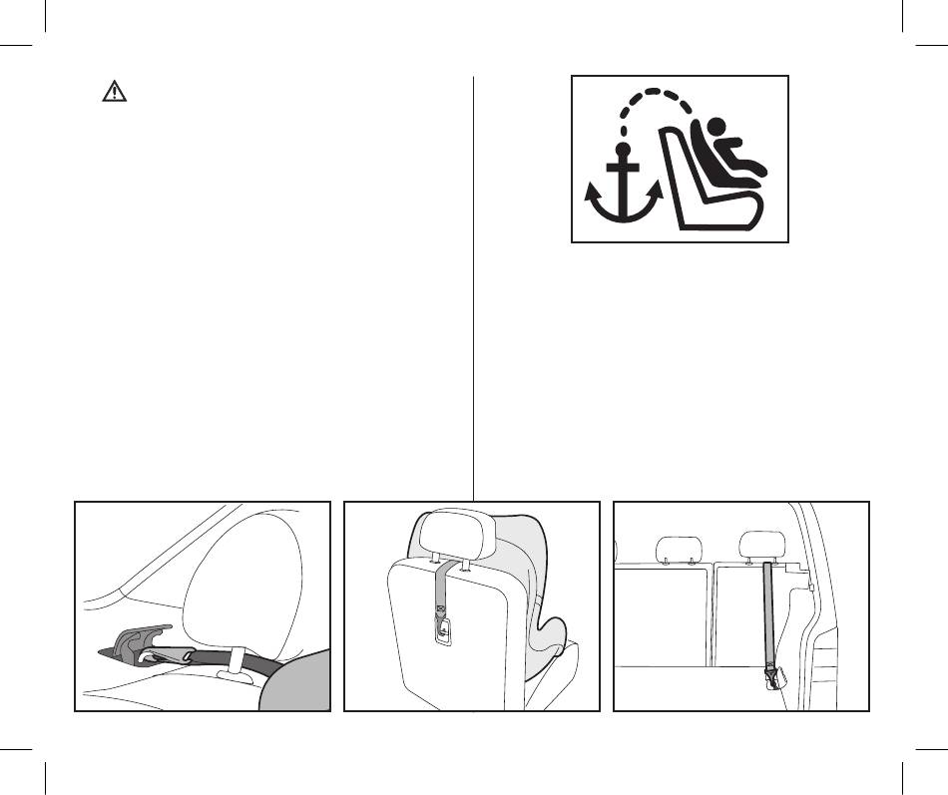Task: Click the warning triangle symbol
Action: point(117,93)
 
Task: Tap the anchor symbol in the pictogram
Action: point(623,190)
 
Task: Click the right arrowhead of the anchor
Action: point(657,189)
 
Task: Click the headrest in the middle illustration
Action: point(458,536)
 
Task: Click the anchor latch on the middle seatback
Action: point(441,630)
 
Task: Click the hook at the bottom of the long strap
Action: point(771,681)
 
